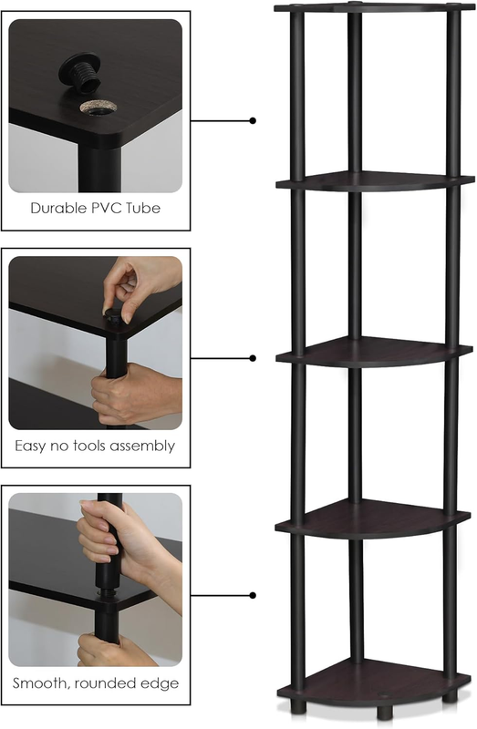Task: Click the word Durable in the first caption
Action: [x=57, y=208]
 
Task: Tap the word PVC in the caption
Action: [x=103, y=208]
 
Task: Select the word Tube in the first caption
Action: [x=142, y=208]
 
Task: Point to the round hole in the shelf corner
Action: [x=96, y=108]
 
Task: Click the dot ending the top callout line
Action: [x=253, y=121]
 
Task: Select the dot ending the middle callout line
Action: [x=253, y=358]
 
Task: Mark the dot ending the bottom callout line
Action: [x=253, y=596]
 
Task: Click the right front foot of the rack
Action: [x=449, y=696]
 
